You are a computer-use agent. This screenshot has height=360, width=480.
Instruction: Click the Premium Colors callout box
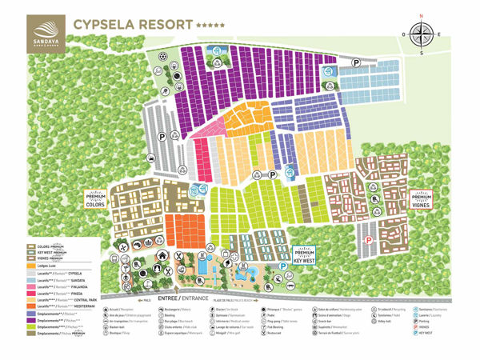point(95,198)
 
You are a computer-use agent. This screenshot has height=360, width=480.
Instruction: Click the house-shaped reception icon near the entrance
point(162,255)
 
